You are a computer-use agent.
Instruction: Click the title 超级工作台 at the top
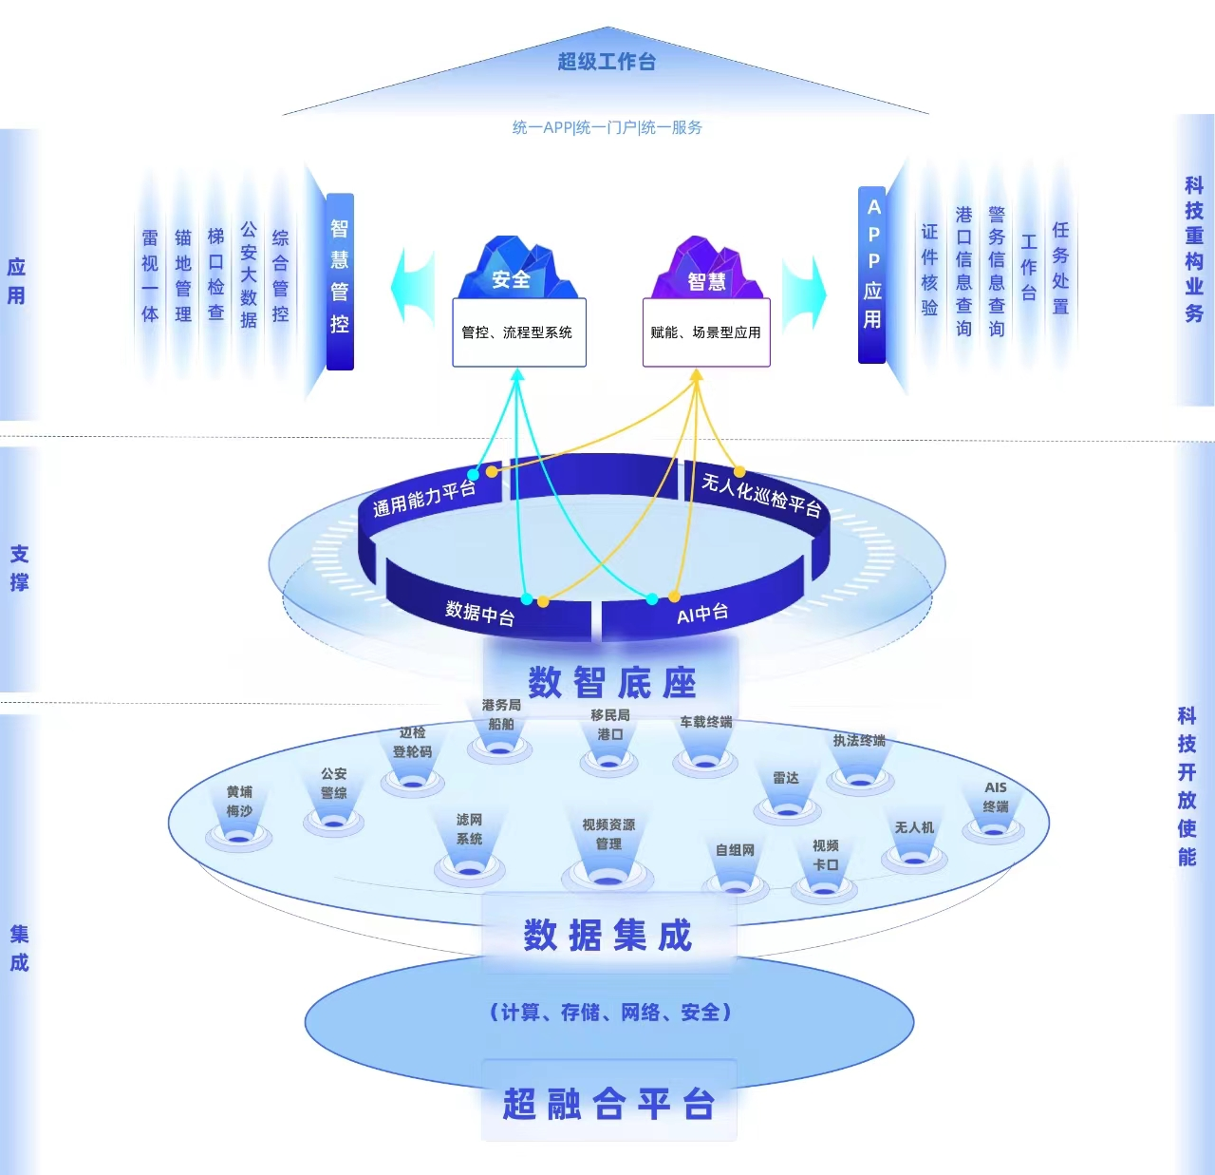pos(607,62)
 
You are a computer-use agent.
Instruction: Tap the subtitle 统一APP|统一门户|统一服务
pos(607,127)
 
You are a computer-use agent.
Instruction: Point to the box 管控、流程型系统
pos(518,332)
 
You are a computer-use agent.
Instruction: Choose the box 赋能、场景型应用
pos(705,332)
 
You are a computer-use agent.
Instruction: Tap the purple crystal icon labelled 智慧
pos(706,272)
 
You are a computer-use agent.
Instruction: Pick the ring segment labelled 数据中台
pos(480,613)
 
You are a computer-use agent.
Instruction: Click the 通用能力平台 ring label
pos(423,498)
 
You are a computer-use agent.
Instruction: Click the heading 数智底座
pos(612,682)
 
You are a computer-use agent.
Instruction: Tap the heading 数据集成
pos(608,936)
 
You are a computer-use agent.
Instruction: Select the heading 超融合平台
pos(608,1104)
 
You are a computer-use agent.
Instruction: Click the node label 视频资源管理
pos(608,834)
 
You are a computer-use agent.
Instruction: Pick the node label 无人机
pos(914,827)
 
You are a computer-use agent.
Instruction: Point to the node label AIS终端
pos(996,797)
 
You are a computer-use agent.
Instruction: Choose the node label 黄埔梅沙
pos(239,801)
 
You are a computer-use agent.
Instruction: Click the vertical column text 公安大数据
pos(249,275)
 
